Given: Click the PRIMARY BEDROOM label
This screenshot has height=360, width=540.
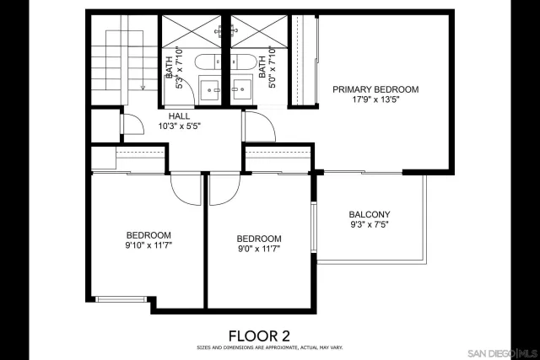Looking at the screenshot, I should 375,89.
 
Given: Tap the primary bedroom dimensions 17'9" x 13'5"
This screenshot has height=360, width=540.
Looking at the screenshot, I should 375,99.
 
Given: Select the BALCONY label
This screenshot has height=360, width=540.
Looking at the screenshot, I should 370,214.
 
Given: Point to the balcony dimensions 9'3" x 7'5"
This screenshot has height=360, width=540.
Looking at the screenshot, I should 370,225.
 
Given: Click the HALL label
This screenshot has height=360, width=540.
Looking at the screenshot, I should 179,116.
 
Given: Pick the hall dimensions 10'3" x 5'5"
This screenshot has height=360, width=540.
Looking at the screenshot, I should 179,126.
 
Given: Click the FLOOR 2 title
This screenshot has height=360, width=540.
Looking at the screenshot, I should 270,334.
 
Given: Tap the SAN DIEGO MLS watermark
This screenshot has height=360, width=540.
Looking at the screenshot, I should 501,352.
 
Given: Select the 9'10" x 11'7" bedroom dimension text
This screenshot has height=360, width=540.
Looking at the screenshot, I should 148,245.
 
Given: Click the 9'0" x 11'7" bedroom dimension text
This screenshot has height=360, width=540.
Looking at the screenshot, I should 258,249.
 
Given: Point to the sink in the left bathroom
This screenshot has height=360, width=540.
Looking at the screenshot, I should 209,87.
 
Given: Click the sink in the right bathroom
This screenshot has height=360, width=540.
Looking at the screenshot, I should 242,87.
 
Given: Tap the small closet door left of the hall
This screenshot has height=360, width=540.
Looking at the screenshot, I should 123,123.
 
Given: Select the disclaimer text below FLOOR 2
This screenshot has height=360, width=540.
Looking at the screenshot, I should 270,347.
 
